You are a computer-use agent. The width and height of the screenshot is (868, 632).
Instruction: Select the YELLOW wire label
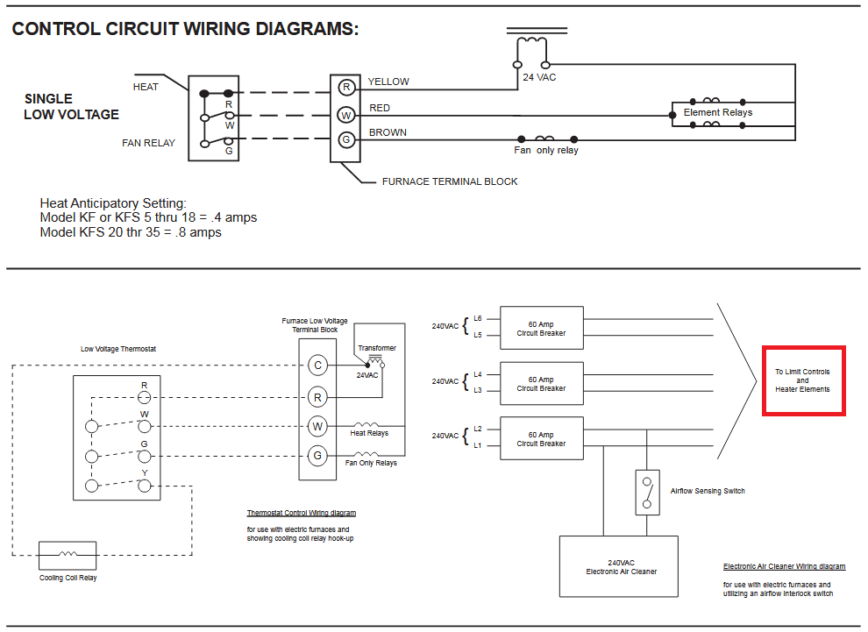click(388, 82)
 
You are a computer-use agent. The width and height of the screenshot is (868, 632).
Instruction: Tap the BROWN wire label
click(388, 132)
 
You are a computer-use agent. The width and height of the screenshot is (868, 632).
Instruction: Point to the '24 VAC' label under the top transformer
click(539, 77)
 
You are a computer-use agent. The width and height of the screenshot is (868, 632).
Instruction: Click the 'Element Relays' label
click(718, 112)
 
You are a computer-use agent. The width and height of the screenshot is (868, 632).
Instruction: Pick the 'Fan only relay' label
click(546, 150)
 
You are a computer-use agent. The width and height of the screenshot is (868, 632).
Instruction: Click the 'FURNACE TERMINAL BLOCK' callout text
click(450, 181)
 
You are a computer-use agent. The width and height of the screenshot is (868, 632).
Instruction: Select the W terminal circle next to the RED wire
click(346, 115)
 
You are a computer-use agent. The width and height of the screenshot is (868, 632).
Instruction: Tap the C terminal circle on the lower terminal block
click(317, 366)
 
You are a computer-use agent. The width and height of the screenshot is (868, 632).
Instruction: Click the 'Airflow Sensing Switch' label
click(708, 491)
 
